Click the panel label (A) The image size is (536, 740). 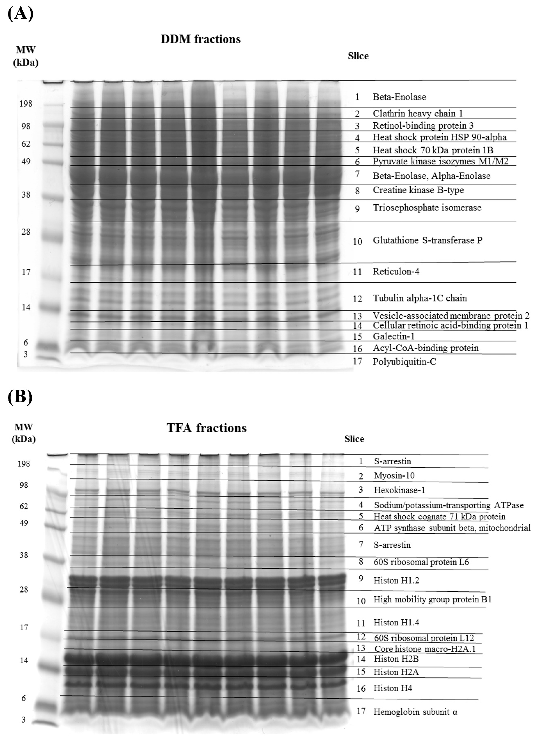pos(20,14)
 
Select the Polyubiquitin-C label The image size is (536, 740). pos(404,362)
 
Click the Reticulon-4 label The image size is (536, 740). pos(396,272)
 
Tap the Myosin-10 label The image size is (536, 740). pos(394,475)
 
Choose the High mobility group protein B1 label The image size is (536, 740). pos(432,599)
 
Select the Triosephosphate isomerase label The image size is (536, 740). pos(427,208)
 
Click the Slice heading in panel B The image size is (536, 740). pos(354,439)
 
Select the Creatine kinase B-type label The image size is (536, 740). pos(418,190)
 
